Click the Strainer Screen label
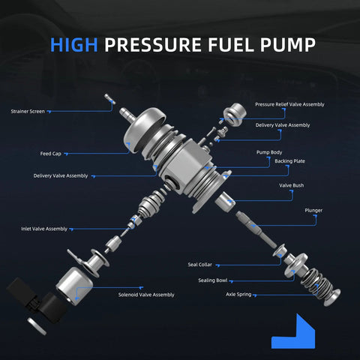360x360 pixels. [28, 111]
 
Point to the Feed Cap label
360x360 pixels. [51, 153]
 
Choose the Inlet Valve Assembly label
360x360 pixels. [43, 228]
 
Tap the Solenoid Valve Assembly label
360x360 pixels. [146, 295]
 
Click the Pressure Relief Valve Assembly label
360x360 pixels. [289, 104]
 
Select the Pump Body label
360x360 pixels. [269, 151]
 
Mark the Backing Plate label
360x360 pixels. [268, 161]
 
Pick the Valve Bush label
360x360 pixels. [291, 185]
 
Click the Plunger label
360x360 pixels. [313, 211]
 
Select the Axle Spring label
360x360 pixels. [238, 295]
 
